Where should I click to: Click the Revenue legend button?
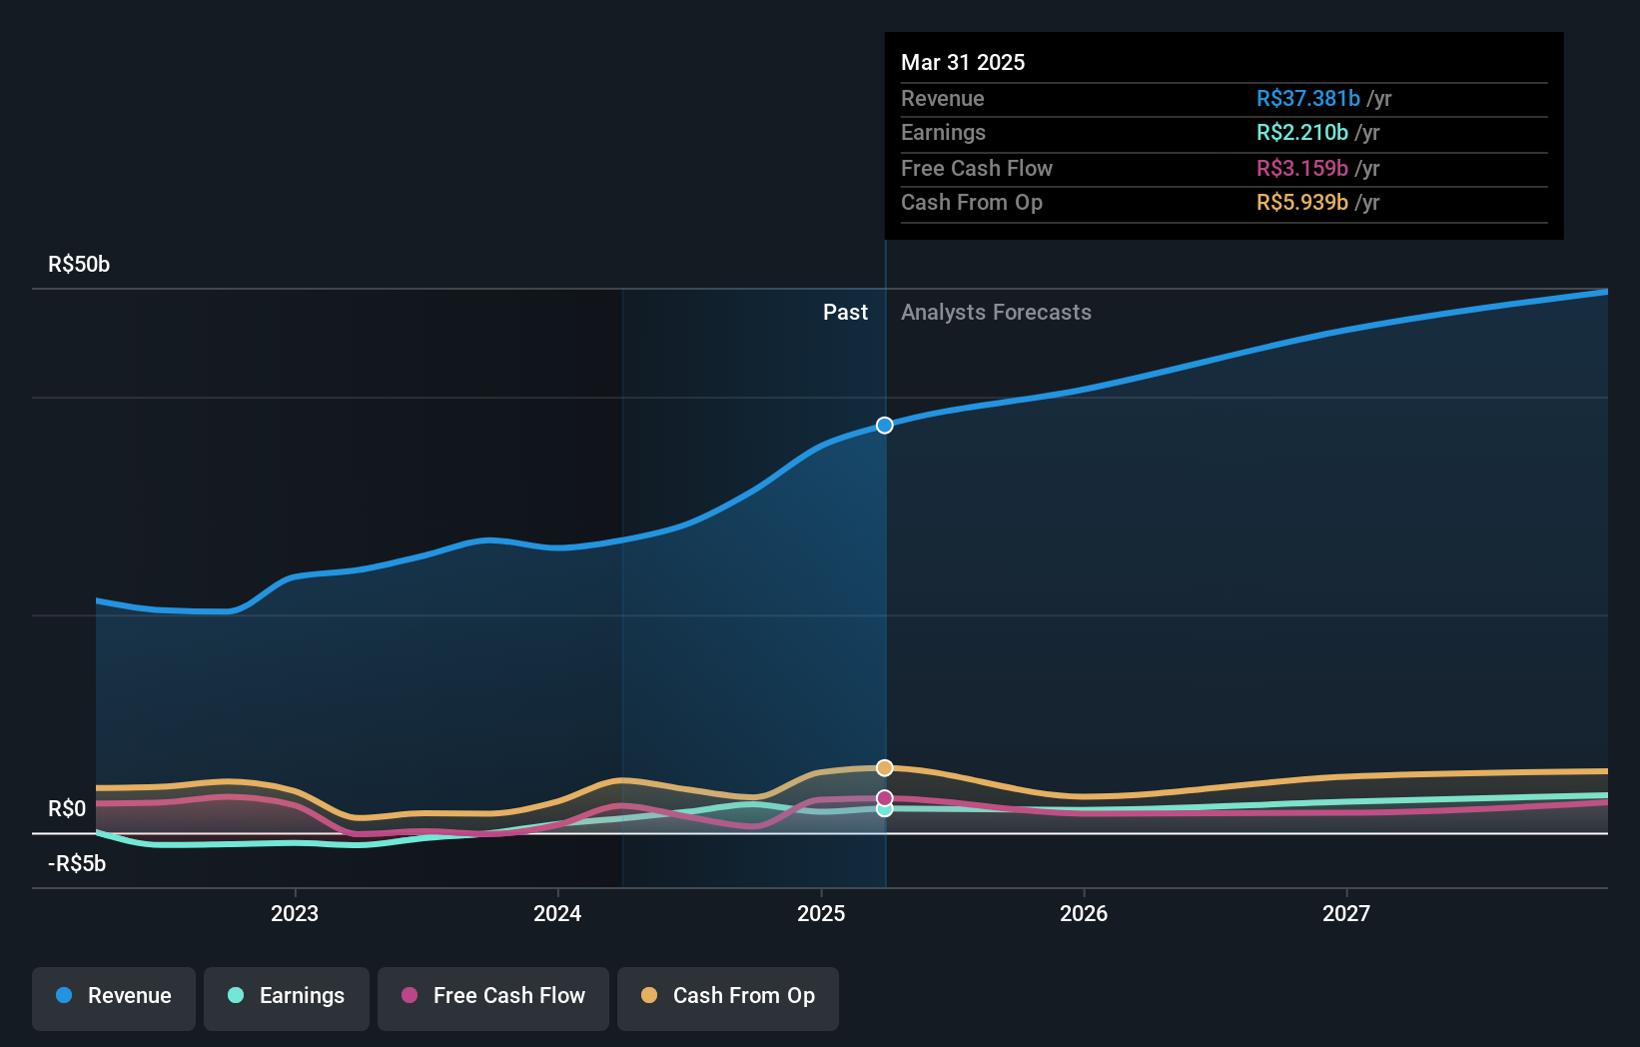click(114, 997)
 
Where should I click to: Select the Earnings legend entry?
click(287, 997)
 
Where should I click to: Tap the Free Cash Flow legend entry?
click(493, 997)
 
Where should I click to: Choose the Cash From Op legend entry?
click(728, 997)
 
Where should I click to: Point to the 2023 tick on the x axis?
click(295, 913)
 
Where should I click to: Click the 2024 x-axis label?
click(557, 913)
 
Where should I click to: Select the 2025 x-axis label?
click(821, 913)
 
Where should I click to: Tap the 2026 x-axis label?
click(1084, 913)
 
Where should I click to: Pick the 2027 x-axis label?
click(1346, 913)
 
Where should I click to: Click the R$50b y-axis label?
click(79, 265)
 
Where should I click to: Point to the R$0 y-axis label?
click(67, 809)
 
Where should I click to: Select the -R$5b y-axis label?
click(77, 864)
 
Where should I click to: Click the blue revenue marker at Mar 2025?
click(885, 426)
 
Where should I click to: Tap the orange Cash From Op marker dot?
click(885, 768)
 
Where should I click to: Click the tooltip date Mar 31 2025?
click(963, 62)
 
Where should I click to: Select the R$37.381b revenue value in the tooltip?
click(1307, 98)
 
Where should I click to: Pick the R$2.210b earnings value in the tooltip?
click(1301, 133)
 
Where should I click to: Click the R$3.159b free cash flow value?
click(1301, 168)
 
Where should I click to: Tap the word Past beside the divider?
click(845, 313)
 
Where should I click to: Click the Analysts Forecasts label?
click(996, 313)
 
